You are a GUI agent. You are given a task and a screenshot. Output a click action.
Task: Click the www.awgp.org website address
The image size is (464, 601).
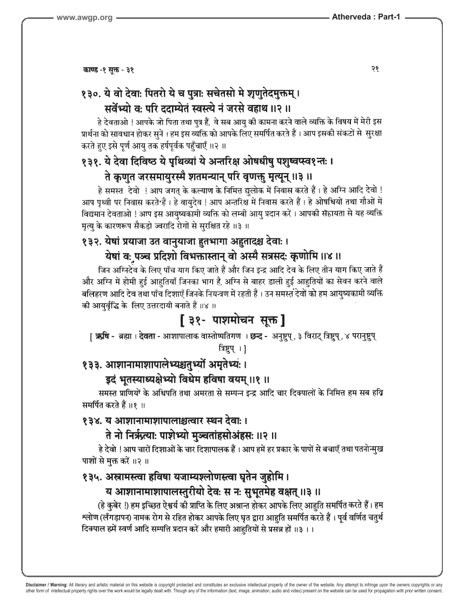(84, 18)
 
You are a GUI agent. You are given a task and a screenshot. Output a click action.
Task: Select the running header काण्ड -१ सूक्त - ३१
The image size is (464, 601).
(108, 70)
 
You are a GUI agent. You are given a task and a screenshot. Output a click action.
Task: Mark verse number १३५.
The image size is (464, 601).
(89, 477)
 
